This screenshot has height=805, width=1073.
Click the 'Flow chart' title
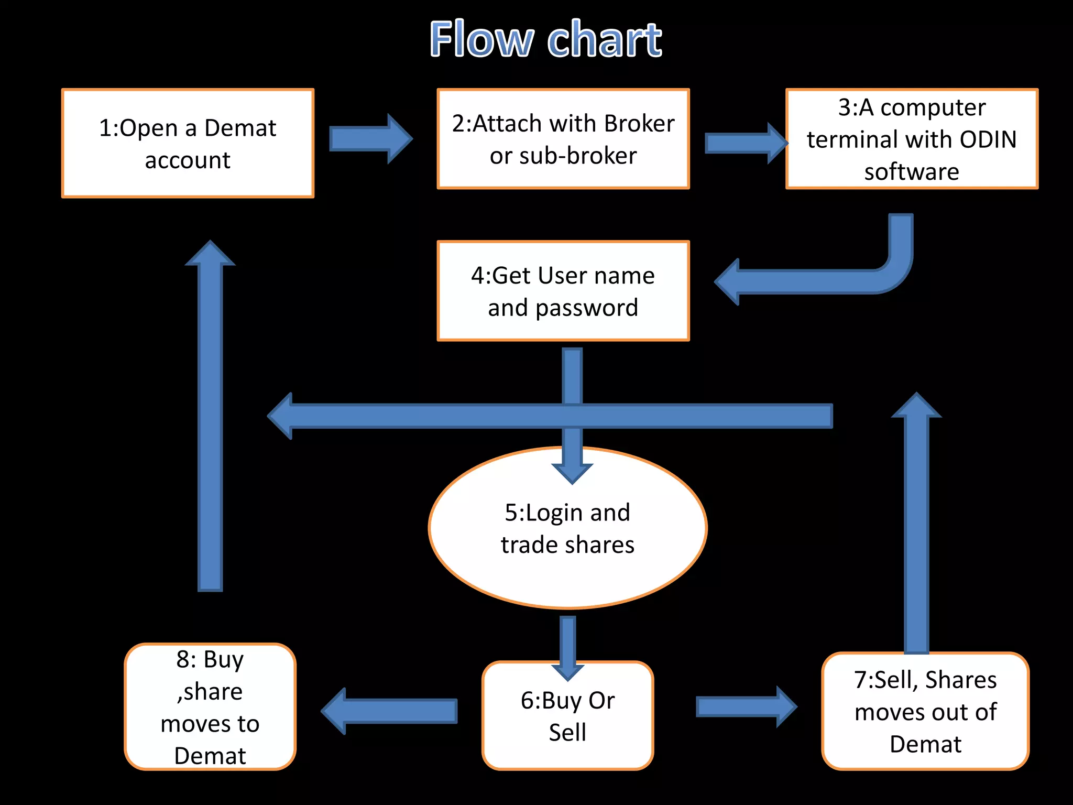pyautogui.click(x=545, y=39)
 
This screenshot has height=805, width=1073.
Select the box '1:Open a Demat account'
pyautogui.click(x=188, y=143)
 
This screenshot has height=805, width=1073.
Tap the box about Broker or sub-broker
pyautogui.click(x=563, y=139)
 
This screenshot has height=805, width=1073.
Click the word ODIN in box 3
pyautogui.click(x=988, y=139)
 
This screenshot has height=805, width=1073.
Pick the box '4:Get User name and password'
pyautogui.click(x=563, y=291)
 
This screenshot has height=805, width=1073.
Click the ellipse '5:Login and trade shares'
pyautogui.click(x=567, y=528)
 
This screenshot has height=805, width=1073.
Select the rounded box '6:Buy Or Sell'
pyautogui.click(x=567, y=715)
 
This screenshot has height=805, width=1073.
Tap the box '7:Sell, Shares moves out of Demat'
pyautogui.click(x=925, y=711)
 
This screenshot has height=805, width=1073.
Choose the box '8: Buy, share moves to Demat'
pyautogui.click(x=210, y=706)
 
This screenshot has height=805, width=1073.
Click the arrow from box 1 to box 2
pyautogui.click(x=370, y=139)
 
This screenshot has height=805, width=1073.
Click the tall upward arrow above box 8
pyautogui.click(x=210, y=419)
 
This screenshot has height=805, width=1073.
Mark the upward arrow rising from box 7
pyautogui.click(x=916, y=524)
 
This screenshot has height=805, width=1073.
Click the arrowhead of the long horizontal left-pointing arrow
pyautogui.click(x=281, y=416)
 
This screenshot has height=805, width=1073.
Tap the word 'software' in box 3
pyautogui.click(x=912, y=172)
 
